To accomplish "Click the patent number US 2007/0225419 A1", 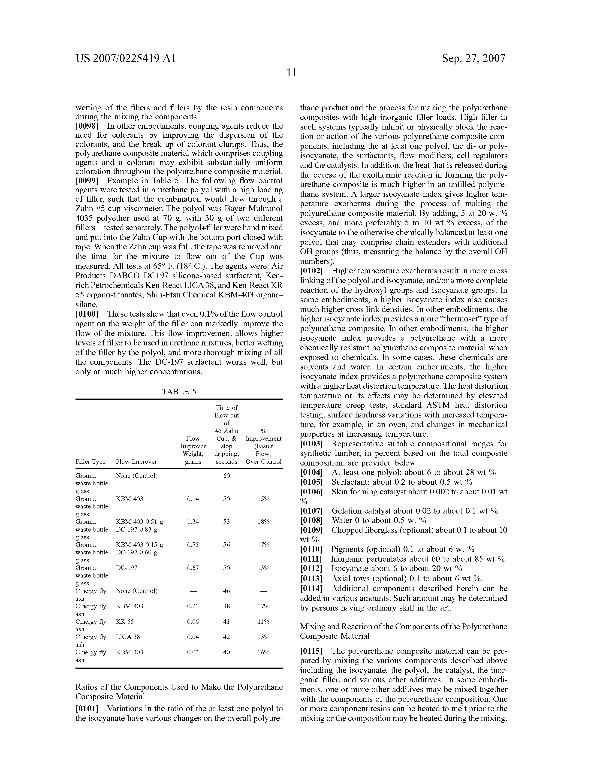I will point(126,58).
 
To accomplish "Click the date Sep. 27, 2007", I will point(473,58).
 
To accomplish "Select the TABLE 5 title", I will point(179,391).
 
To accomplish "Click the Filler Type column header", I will point(90,462).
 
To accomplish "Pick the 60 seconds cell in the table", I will point(226,475).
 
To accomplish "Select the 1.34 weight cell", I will point(193,522).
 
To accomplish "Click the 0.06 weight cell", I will point(193,621).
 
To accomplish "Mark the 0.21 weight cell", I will point(193,606).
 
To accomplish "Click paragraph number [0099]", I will point(87,181).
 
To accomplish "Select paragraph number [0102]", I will point(311,271).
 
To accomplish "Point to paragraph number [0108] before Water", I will point(311,520).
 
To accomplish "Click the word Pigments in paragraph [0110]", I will point(347,549).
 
